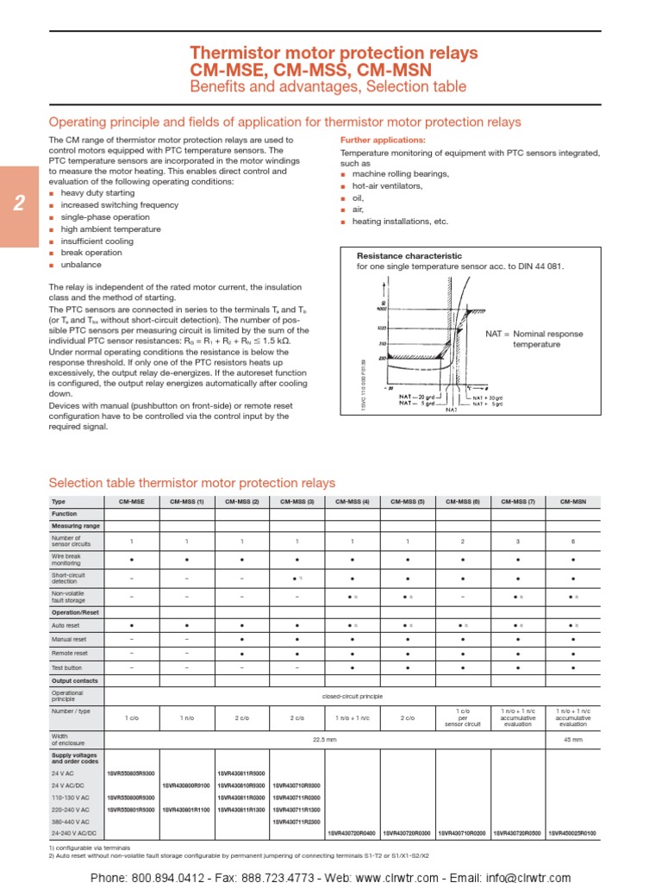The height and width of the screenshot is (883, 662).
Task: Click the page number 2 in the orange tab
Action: pos(19,205)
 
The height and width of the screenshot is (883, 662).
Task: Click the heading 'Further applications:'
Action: pos(383,140)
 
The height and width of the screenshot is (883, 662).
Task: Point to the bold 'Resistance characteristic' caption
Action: pos(409,256)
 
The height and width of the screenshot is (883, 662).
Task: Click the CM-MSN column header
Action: pos(573,501)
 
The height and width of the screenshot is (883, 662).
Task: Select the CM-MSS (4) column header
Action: pos(353,501)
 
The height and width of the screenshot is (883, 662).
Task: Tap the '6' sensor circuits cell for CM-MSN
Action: pos(573,542)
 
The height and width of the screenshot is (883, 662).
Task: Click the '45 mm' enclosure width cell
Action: pos(573,740)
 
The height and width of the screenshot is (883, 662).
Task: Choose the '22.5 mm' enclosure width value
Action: pos(325,740)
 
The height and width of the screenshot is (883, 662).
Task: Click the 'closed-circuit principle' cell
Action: pos(353,694)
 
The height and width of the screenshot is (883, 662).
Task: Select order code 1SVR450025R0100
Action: pos(573,834)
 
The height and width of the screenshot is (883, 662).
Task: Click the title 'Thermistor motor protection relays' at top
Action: pos(333,53)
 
